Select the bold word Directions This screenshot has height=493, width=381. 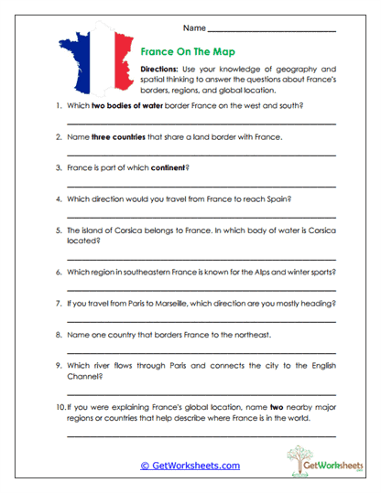(x=163, y=70)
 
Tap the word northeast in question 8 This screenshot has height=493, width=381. (x=249, y=335)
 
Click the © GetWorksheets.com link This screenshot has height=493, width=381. (x=190, y=466)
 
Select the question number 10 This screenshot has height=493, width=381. (x=60, y=407)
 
